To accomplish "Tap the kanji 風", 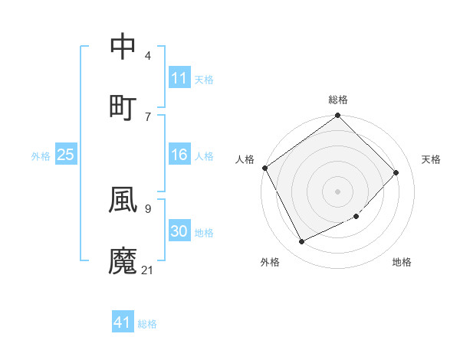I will tap(123, 199).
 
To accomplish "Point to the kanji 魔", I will tap(123, 261).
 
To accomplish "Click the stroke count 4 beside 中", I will tap(148, 56).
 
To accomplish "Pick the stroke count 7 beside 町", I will tap(148, 116).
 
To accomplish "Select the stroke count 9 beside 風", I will tap(148, 208).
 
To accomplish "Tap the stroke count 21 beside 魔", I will tap(147, 270).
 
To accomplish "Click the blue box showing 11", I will tap(179, 78).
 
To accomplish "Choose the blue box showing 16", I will tap(179, 155).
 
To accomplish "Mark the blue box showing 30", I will tap(179, 231).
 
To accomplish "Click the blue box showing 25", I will tap(65, 155).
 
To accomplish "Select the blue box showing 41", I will tap(123, 322).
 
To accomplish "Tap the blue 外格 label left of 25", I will tap(41, 156).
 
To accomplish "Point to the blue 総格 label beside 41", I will tap(147, 324).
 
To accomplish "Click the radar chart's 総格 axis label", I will tap(338, 100).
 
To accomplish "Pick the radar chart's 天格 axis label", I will tap(431, 159).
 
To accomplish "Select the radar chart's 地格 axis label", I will tap(402, 263).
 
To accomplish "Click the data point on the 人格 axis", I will tap(264, 168).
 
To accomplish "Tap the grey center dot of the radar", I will tap(337, 191).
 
